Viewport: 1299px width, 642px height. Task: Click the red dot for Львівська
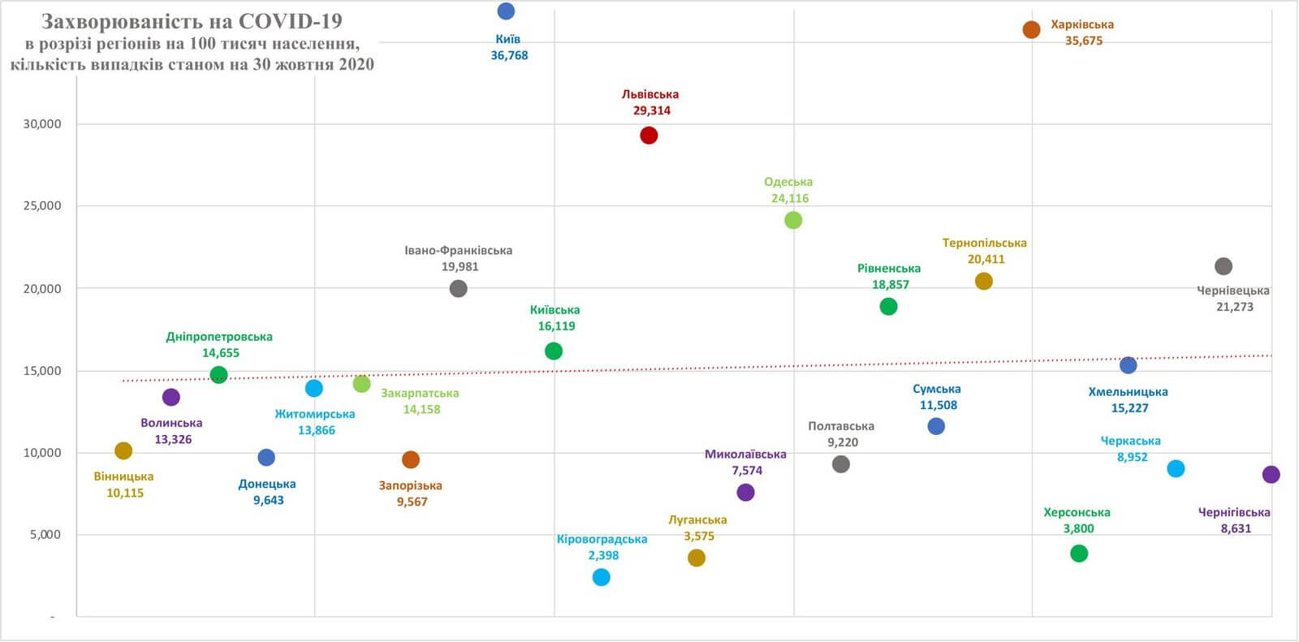[x=648, y=136]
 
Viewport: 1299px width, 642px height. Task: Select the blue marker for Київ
[x=506, y=11]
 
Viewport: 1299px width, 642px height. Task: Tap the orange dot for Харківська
[x=1031, y=30]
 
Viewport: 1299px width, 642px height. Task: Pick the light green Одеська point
[x=793, y=220]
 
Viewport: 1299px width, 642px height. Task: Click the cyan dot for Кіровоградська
[x=601, y=577]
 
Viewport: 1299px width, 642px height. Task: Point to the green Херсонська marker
[x=1079, y=554]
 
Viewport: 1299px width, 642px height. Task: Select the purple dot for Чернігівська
[x=1271, y=475]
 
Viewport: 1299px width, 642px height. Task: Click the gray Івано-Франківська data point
[x=458, y=288]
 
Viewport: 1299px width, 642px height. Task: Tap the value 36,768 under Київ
[x=509, y=55]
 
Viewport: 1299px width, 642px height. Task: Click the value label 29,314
[x=652, y=110]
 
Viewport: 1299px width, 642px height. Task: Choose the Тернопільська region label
[x=984, y=243]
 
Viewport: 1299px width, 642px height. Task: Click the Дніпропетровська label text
[x=219, y=336]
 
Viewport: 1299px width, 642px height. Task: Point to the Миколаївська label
[x=745, y=454]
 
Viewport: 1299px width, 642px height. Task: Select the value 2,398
[x=603, y=555]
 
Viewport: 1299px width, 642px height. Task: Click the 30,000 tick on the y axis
[x=42, y=124]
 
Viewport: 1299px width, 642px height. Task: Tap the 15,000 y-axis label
[x=42, y=371]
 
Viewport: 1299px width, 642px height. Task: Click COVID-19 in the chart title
[x=289, y=21]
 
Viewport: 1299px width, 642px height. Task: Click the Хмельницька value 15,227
[x=1129, y=407]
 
